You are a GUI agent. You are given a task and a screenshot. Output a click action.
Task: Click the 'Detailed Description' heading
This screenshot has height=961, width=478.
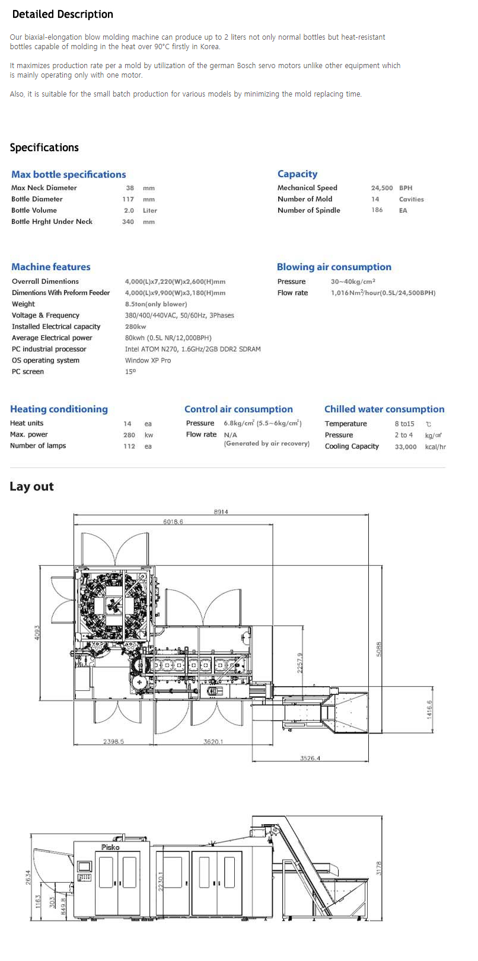[62, 14]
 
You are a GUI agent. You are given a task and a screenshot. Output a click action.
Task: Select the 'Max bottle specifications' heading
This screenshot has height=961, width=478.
[68, 174]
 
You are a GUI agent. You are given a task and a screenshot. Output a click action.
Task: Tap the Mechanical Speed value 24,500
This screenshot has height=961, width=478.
[381, 188]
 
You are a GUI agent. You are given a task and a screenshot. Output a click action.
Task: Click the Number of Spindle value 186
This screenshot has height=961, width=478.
[377, 210]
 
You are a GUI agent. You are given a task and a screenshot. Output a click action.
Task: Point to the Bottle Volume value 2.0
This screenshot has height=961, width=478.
[129, 210]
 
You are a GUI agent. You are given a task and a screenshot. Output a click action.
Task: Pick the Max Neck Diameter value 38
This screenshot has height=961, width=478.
[130, 188]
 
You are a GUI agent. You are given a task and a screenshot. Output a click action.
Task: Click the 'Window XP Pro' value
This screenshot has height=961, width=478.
[148, 360]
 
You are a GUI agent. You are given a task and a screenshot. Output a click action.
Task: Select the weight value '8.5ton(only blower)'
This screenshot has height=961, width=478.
[155, 304]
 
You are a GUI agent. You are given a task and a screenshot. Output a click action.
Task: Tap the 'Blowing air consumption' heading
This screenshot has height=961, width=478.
[334, 267]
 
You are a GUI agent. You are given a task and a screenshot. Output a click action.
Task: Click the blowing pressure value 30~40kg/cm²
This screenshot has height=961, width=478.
[353, 281]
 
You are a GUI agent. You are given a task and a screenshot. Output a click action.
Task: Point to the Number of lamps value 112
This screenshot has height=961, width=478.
[129, 446]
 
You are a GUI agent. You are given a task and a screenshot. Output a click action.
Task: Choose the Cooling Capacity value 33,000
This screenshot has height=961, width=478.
[406, 447]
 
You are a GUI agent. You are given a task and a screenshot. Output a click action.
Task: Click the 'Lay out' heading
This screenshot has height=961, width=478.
[31, 486]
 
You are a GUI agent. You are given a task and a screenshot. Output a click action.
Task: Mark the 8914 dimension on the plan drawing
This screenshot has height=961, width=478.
[221, 511]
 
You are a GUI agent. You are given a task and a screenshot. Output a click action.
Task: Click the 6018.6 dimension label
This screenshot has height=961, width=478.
[173, 522]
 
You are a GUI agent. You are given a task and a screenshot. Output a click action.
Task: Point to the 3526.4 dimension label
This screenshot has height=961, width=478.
[310, 758]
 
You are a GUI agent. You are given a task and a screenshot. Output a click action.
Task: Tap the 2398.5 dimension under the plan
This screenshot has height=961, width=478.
[113, 742]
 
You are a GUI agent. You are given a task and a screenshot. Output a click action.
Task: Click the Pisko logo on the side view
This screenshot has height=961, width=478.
[110, 847]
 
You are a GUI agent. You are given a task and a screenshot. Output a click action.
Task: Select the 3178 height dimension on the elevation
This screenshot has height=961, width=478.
[380, 868]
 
